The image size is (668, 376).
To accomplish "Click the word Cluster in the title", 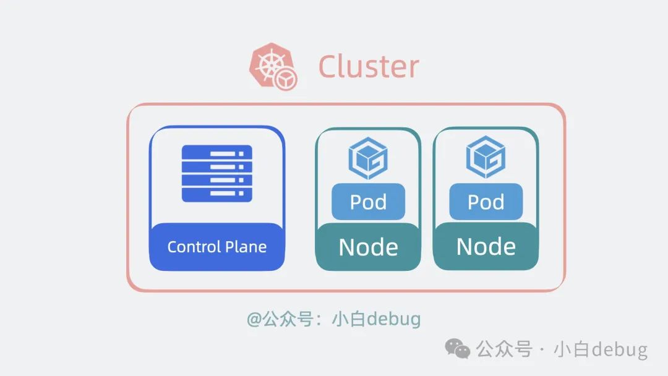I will pyautogui.click(x=369, y=67).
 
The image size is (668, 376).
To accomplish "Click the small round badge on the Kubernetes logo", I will pyautogui.click(x=286, y=79).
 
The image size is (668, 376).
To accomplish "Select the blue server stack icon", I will pyautogui.click(x=216, y=173).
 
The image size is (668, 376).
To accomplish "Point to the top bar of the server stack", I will pyautogui.click(x=216, y=152).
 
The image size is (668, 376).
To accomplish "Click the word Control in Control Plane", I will pyautogui.click(x=194, y=247).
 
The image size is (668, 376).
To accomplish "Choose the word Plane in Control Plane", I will pyautogui.click(x=246, y=247).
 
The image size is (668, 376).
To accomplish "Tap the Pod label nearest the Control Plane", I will pyautogui.click(x=368, y=202).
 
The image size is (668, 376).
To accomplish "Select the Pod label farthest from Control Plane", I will pyautogui.click(x=486, y=202).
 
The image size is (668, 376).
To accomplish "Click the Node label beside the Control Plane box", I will pyautogui.click(x=368, y=247).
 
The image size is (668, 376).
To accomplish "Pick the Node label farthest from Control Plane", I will pyautogui.click(x=486, y=247).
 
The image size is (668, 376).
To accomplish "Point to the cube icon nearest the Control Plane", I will pyautogui.click(x=368, y=159).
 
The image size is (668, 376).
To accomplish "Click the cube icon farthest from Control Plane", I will pyautogui.click(x=486, y=159).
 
